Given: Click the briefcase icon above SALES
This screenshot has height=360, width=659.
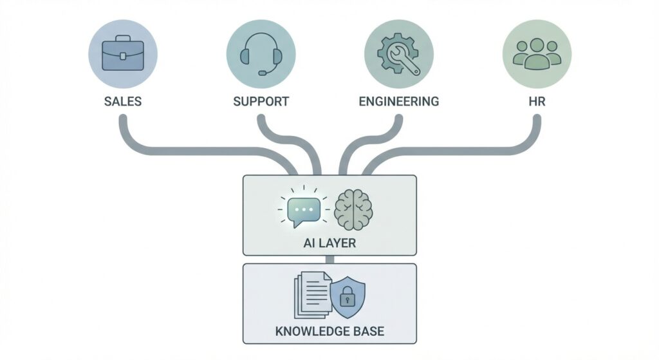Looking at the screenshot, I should click(x=122, y=53).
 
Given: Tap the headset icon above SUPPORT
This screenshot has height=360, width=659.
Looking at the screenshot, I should click(x=261, y=53).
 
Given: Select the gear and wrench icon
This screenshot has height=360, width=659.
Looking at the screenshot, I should click(x=398, y=53).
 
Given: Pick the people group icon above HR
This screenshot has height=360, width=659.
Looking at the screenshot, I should click(x=536, y=53).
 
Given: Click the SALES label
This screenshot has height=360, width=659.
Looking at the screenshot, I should click(x=122, y=102).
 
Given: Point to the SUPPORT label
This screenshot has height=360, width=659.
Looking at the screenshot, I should click(x=261, y=102).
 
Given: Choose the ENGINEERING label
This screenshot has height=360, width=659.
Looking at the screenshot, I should click(x=398, y=102).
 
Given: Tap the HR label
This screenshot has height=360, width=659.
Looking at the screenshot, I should click(x=536, y=102).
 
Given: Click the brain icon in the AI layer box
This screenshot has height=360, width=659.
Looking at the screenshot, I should click(x=353, y=209).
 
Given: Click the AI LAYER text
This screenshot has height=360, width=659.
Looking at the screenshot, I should click(x=329, y=245).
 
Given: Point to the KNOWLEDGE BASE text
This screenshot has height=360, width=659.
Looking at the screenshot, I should click(x=329, y=332).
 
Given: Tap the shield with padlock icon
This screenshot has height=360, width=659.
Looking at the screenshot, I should click(x=347, y=296).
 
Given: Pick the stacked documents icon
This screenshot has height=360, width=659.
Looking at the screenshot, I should click(x=311, y=295).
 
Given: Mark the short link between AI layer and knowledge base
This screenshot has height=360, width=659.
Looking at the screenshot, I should click(x=329, y=260).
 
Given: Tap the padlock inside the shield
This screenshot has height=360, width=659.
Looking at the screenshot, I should click(x=347, y=298).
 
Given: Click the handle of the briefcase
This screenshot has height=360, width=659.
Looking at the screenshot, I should click(x=122, y=40).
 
